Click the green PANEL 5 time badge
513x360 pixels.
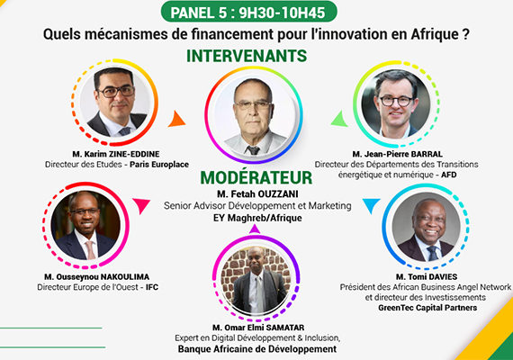249,12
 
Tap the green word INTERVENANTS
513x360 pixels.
247,56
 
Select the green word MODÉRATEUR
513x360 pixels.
256,177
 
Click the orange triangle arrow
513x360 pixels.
176,119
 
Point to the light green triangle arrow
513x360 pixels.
339,119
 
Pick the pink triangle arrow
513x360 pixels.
141,205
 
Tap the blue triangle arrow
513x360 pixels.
371,205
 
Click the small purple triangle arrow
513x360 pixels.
254,229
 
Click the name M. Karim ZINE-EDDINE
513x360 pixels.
116,154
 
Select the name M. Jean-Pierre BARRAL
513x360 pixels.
397,154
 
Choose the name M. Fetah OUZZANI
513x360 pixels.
257,194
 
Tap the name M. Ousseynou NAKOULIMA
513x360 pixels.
97,277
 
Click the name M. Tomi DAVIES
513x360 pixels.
427,277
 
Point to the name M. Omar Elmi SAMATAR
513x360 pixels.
258,328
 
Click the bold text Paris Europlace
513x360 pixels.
159,165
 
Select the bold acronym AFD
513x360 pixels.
448,175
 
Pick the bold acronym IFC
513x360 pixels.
152,287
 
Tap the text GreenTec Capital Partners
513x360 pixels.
427,308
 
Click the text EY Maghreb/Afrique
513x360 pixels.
257,218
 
